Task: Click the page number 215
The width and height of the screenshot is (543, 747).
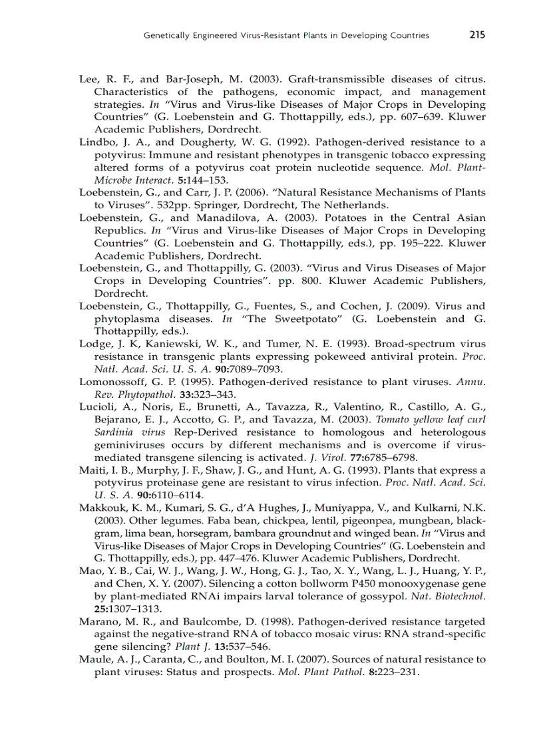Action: coord(476,35)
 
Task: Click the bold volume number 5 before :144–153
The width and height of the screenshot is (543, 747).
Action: coord(154,180)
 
